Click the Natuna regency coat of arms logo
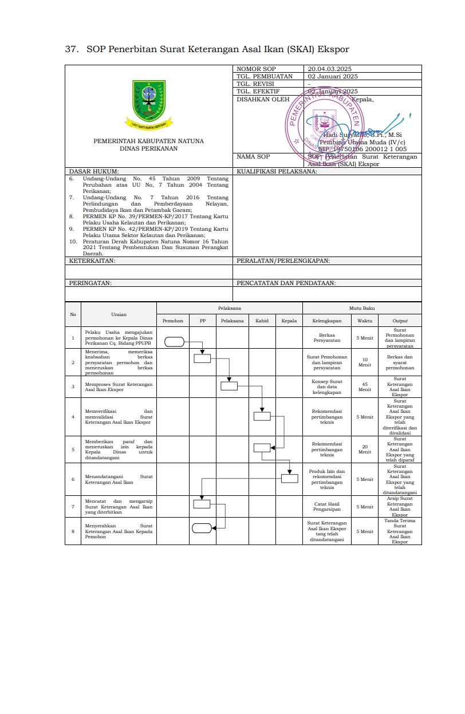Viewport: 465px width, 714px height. pyautogui.click(x=149, y=99)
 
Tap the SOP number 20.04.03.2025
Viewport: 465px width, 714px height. pyautogui.click(x=329, y=69)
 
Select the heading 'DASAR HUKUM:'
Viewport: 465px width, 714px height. pyautogui.click(x=94, y=171)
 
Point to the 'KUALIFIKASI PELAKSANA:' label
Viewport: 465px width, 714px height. pyautogui.click(x=277, y=171)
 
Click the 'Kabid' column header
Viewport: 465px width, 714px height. pyautogui.click(x=262, y=321)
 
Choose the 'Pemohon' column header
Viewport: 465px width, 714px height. pyautogui.click(x=173, y=321)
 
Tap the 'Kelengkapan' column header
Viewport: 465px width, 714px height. pyautogui.click(x=327, y=321)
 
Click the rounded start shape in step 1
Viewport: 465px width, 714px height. pyautogui.click(x=175, y=342)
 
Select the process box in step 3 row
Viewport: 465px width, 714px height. pyautogui.click(x=229, y=385)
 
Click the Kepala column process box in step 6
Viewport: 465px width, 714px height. pyautogui.click(x=289, y=479)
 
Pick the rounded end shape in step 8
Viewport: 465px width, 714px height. pyautogui.click(x=202, y=528)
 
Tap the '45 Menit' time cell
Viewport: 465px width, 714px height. pyautogui.click(x=365, y=386)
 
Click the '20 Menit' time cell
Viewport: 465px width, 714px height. pyautogui.click(x=365, y=449)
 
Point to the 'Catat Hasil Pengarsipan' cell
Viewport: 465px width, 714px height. pyautogui.click(x=327, y=507)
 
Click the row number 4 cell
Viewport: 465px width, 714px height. pyautogui.click(x=73, y=417)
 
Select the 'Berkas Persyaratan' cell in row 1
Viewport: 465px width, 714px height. pyautogui.click(x=327, y=338)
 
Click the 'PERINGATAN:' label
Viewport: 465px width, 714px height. pyautogui.click(x=90, y=282)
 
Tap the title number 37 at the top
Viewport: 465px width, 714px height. pyautogui.click(x=72, y=49)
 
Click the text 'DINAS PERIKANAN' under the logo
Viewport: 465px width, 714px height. pyautogui.click(x=148, y=148)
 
